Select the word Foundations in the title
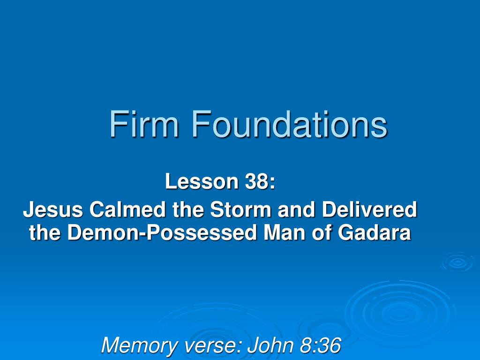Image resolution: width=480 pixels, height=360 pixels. [x=289, y=125]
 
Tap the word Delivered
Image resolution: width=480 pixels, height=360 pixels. [x=369, y=210]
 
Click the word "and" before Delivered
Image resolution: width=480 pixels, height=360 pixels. [x=296, y=210]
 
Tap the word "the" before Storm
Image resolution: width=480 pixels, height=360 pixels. [x=188, y=210]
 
